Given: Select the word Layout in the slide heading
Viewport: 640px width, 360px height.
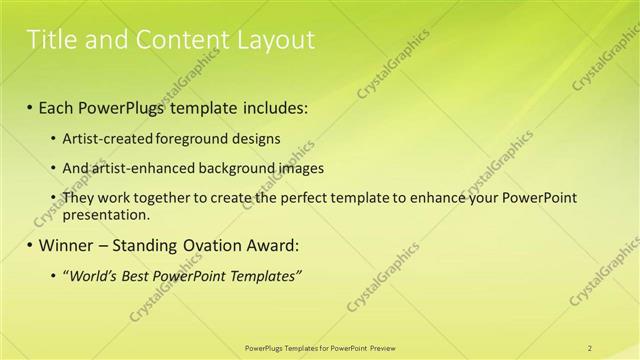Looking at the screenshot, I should tap(276, 40).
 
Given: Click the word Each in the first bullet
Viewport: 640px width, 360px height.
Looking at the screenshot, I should tap(59, 106).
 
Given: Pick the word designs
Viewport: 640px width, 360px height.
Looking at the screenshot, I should tap(250, 139).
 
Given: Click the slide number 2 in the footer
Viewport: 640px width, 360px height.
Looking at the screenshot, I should tap(590, 347).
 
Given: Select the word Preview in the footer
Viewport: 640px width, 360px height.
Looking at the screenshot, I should tap(382, 347).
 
